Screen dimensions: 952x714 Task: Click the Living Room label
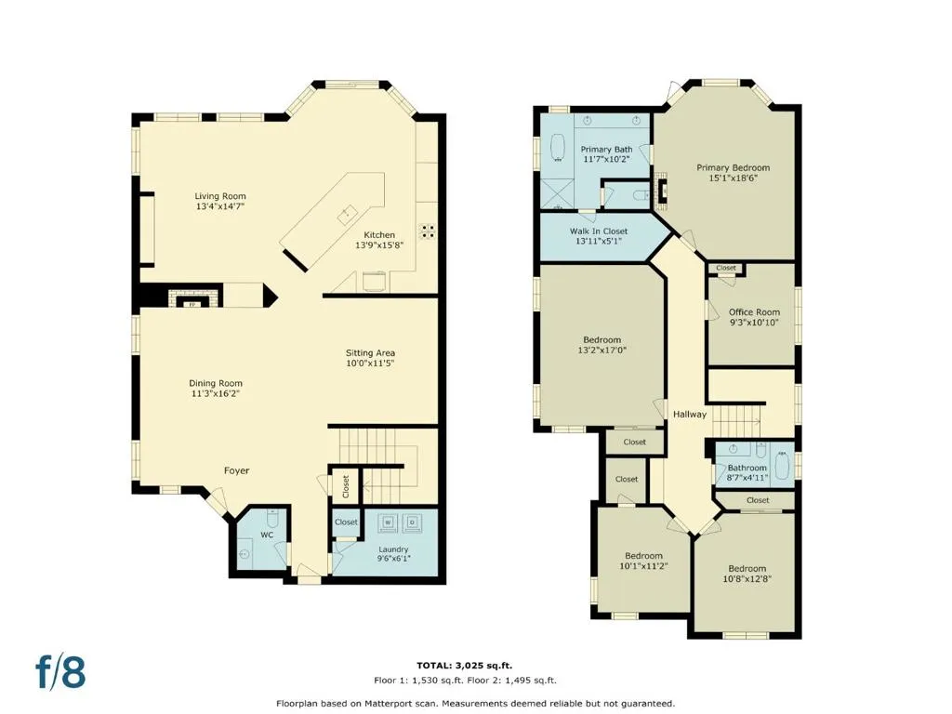coord(220,196)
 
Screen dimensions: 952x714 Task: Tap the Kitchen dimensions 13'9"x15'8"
coord(379,245)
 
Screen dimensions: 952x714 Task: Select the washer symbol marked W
coord(390,522)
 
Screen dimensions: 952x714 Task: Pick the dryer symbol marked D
coord(412,522)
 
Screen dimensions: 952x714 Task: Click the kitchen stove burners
coord(428,231)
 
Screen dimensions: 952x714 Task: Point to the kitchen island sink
coord(348,214)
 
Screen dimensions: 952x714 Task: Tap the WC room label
coord(267,535)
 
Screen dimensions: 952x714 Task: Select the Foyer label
coord(237,470)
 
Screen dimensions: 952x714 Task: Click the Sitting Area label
coord(370,352)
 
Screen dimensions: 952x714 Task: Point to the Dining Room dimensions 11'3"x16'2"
coord(216,393)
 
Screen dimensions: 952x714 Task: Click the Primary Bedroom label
coord(733,167)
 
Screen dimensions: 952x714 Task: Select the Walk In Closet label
coord(599,231)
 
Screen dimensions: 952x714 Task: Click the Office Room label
coord(754,312)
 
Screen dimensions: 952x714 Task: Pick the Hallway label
coord(690,414)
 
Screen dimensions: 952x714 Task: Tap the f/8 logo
coord(60,671)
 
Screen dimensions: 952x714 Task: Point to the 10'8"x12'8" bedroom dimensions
coord(747,579)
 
